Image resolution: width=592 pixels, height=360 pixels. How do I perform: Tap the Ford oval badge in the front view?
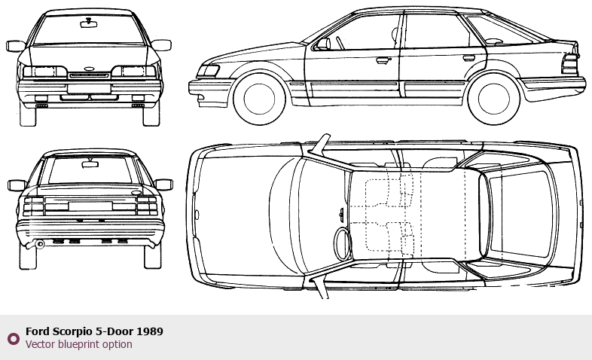[89, 69]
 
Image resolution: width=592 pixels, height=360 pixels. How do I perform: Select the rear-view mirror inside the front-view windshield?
[89, 23]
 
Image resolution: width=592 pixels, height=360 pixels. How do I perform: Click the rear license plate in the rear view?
[90, 206]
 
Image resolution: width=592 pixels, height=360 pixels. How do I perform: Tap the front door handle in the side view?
[383, 59]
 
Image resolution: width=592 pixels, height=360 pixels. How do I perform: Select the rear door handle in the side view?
[468, 58]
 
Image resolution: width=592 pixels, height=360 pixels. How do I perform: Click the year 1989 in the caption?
[150, 331]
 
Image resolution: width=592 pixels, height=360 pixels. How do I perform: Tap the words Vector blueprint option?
[78, 345]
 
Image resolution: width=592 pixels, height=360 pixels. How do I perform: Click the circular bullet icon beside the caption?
[13, 338]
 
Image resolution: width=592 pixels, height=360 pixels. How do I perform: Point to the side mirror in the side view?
[322, 44]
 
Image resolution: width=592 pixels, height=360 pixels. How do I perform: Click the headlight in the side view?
[207, 72]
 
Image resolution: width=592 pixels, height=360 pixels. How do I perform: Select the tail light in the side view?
[569, 63]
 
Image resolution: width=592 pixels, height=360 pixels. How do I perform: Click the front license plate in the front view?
[89, 88]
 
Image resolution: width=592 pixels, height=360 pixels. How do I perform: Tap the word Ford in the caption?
[38, 331]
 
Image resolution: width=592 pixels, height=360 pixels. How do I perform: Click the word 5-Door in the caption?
[117, 331]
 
